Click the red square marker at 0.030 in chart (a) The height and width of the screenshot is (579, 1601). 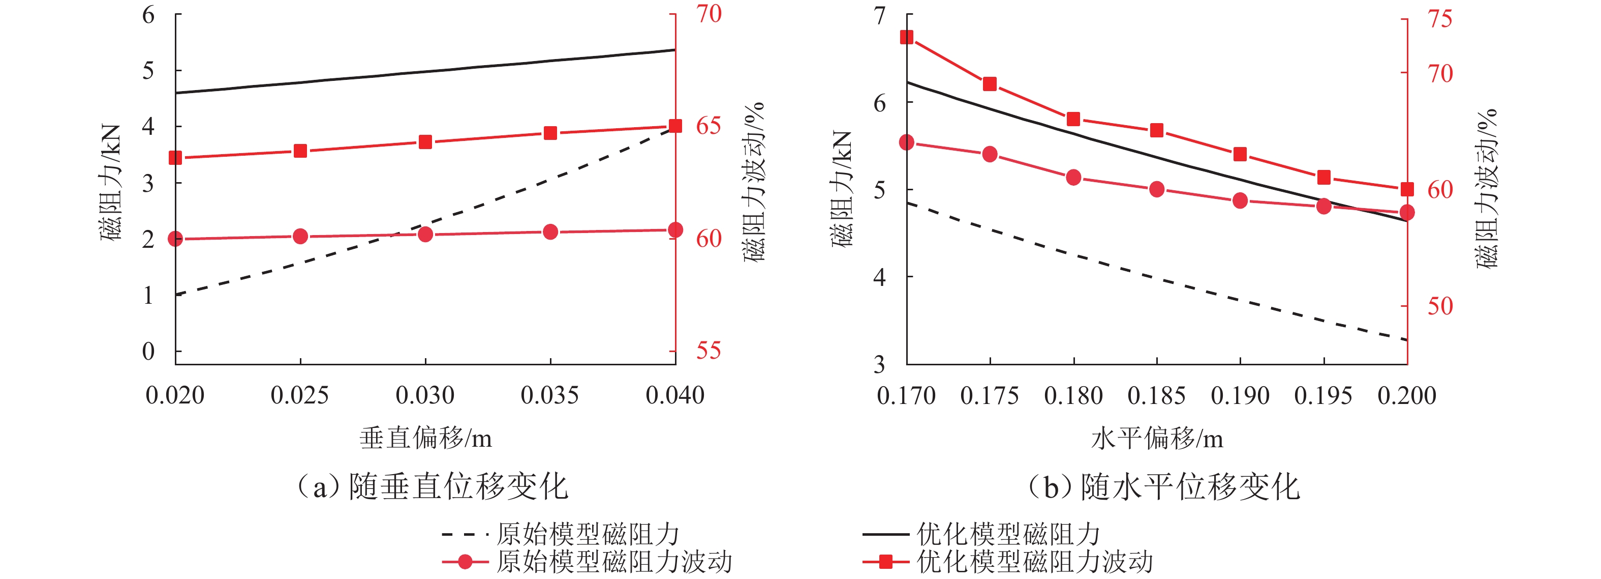click(425, 142)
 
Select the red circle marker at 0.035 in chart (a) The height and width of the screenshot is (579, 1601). click(550, 232)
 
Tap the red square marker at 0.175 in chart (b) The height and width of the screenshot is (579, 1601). click(990, 84)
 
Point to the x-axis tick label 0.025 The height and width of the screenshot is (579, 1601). click(299, 395)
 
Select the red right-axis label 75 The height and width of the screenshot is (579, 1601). click(1440, 19)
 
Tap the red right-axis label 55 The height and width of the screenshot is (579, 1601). click(709, 351)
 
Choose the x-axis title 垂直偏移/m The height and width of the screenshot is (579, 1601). click(426, 439)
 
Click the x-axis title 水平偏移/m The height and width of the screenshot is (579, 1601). click(1157, 439)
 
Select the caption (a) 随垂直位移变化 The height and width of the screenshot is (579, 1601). click(433, 487)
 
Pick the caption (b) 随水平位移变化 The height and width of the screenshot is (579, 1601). click(1164, 487)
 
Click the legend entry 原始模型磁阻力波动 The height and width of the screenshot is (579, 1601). click(613, 562)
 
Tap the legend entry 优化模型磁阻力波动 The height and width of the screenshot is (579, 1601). click(1035, 562)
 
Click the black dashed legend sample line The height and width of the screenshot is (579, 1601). click(465, 534)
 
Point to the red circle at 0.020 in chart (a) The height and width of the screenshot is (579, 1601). click(175, 239)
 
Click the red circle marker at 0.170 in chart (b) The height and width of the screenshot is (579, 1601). click(907, 142)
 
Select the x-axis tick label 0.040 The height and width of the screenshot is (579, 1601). click(675, 395)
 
